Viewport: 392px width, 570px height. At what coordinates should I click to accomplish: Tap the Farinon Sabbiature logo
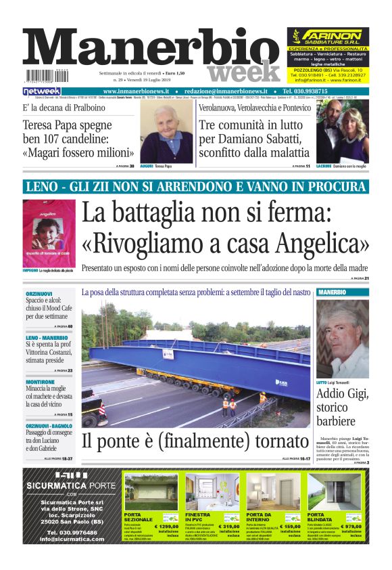(328, 36)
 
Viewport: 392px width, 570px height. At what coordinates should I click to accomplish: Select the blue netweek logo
(41, 91)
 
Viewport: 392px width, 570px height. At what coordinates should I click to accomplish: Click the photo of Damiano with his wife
(342, 133)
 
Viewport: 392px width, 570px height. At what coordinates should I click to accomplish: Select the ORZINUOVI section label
(39, 293)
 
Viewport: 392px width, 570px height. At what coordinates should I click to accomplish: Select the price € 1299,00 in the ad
(166, 526)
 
